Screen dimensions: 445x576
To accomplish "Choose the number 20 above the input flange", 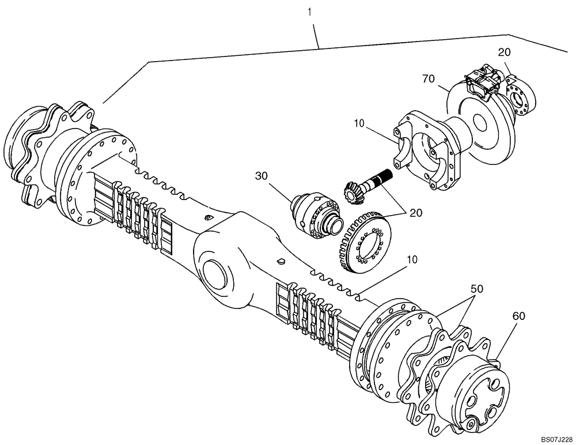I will [505, 52].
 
